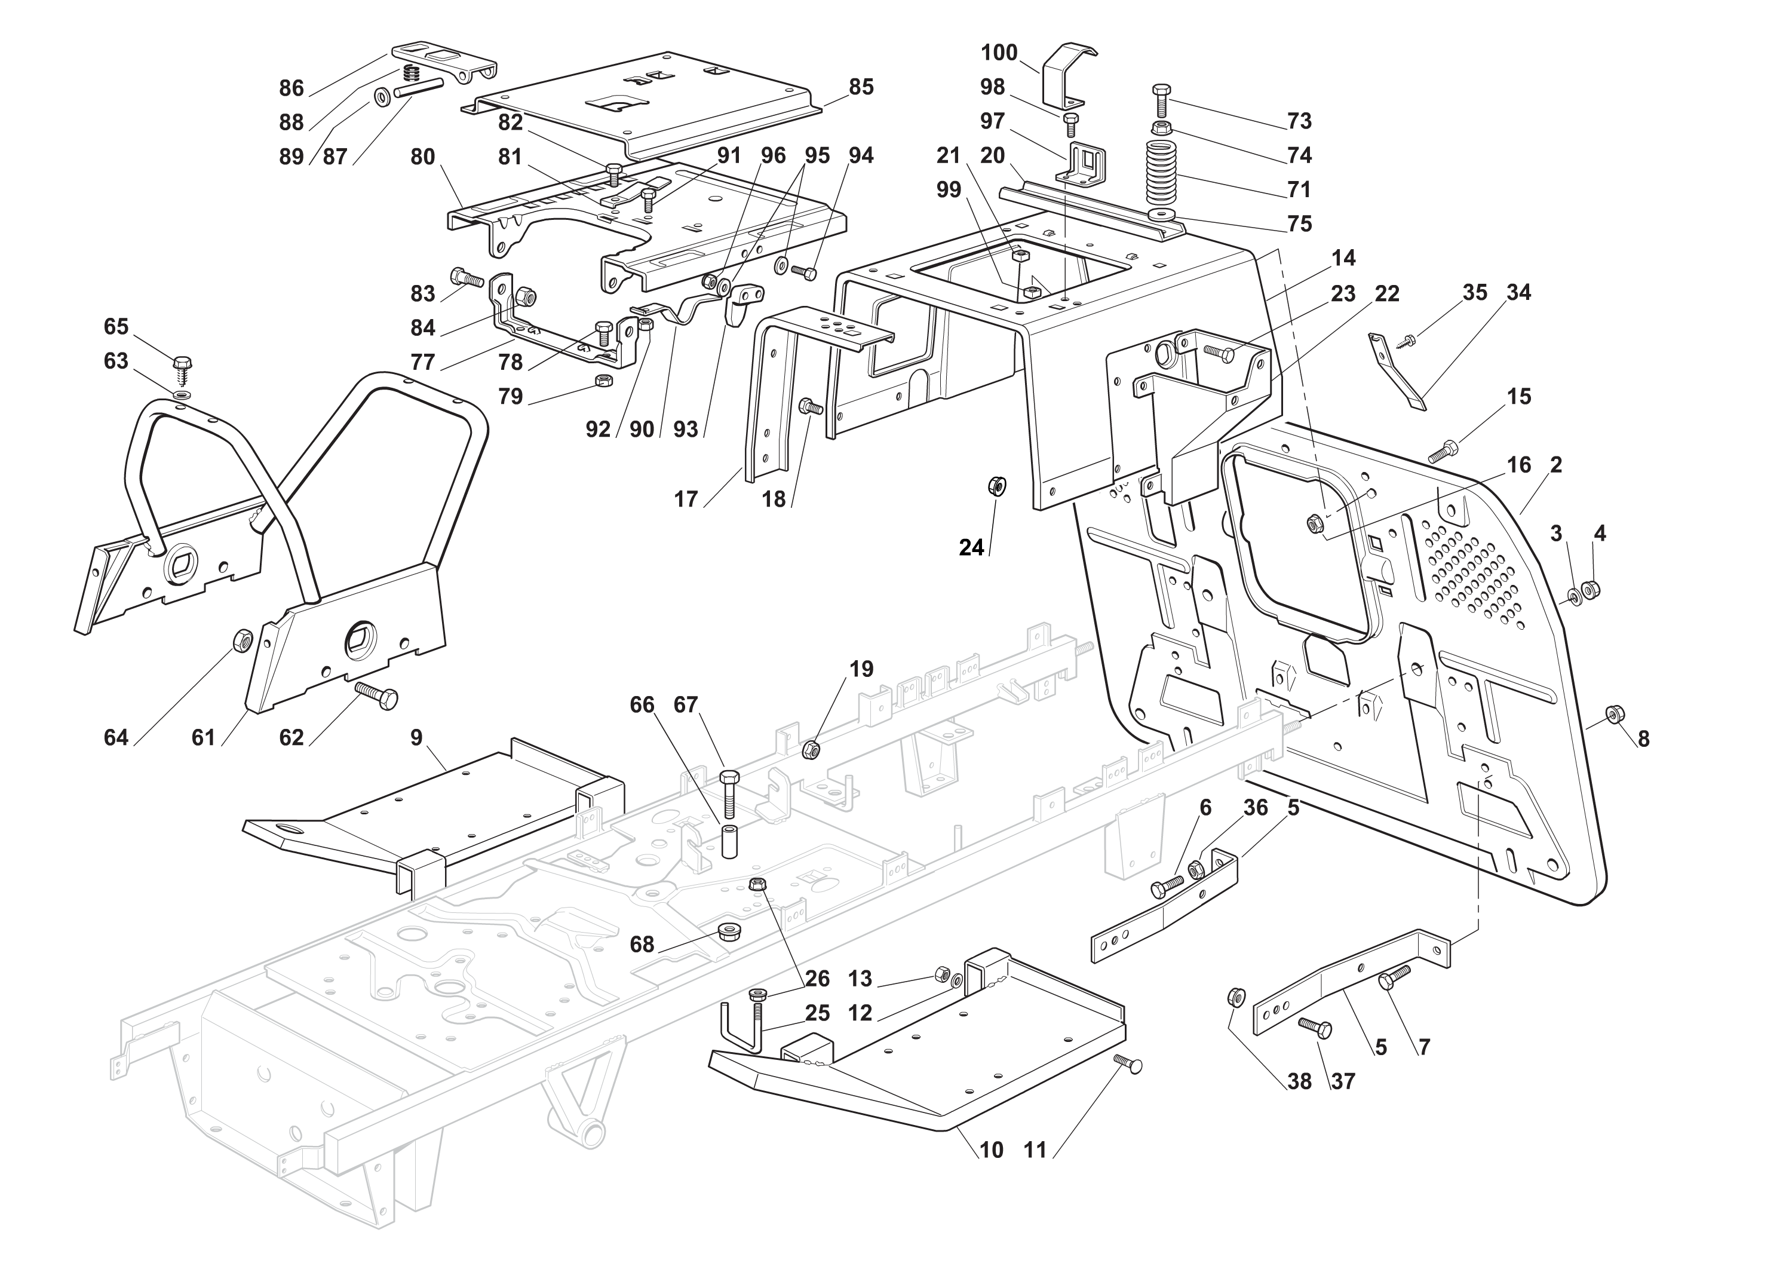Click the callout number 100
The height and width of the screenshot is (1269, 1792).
pos(999,53)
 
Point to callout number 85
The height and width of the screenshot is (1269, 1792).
pos(861,87)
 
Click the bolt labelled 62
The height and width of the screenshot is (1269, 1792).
pos(376,694)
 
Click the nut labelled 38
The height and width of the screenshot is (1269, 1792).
pos(1236,997)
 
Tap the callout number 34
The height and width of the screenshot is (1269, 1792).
pos(1518,293)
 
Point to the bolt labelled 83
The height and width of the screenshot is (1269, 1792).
pos(467,277)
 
